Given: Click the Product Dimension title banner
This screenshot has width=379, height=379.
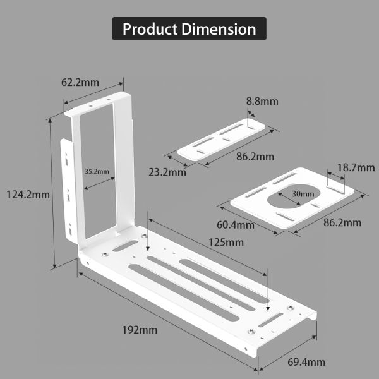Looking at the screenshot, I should click(189, 29).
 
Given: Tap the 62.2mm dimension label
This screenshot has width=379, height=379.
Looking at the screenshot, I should click(80, 83).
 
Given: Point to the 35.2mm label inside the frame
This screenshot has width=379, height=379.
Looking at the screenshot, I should click(96, 171).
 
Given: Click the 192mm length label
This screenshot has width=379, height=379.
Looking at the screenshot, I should click(140, 329).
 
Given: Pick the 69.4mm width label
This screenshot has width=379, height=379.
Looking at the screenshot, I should click(306, 362).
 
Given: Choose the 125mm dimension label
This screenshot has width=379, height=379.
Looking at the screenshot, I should click(225, 242).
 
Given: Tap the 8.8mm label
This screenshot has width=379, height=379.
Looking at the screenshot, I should click(262, 101).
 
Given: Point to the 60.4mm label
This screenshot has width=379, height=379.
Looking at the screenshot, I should click(236, 224).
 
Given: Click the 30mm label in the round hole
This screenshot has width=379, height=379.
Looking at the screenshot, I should click(303, 193).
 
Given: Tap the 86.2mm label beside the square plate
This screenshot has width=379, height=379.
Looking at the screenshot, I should click(342, 222).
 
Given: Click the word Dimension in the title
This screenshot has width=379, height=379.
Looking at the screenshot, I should click(219, 29).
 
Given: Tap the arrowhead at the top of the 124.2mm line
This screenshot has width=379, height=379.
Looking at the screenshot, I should click(50, 121).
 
